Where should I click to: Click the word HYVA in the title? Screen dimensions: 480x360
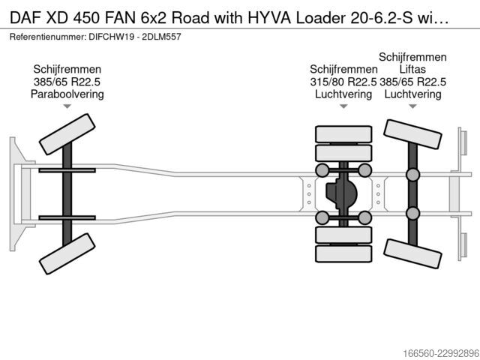(269, 18)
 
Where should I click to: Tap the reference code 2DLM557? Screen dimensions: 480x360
(162, 37)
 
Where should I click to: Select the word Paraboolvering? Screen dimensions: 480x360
(67, 94)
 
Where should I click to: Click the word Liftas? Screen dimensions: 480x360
(412, 69)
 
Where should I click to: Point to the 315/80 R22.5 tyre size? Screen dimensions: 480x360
(343, 82)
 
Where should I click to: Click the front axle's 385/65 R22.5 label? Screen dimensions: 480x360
(67, 82)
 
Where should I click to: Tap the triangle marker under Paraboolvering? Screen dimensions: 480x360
(67, 106)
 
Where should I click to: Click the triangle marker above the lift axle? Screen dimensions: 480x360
(412, 106)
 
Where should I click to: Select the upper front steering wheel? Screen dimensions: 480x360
(67, 134)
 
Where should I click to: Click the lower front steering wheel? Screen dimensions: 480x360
(67, 253)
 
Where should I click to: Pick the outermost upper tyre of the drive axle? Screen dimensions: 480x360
(343, 134)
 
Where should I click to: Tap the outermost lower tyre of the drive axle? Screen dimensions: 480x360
(343, 253)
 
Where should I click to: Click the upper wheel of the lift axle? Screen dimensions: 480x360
(412, 134)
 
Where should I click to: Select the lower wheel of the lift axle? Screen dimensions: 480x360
(412, 253)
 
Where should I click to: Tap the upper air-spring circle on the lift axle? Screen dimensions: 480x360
(412, 175)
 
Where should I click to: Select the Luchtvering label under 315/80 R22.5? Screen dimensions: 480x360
(343, 94)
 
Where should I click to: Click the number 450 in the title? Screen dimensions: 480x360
(87, 18)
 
